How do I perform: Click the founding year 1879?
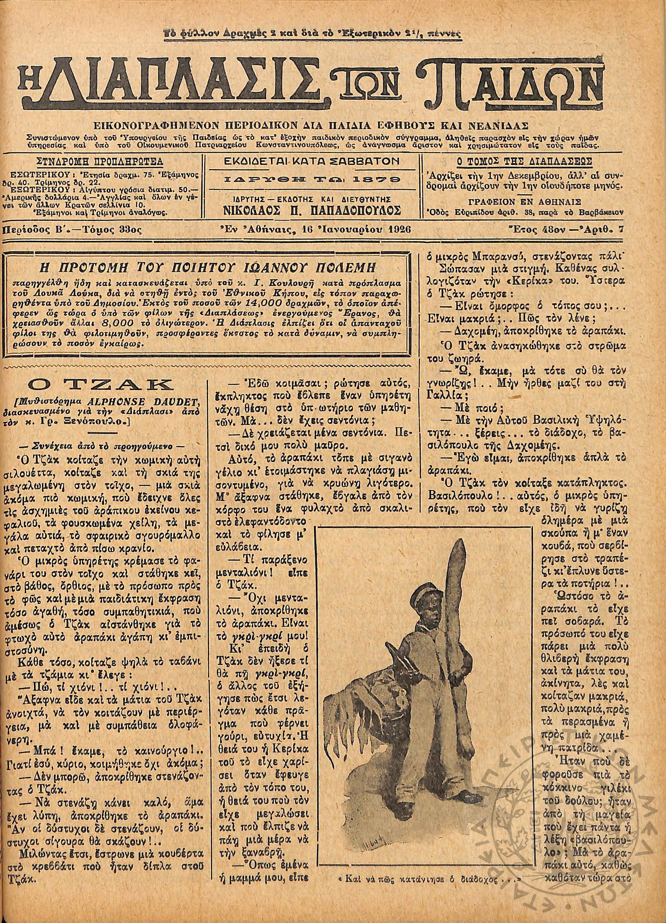click(x=380, y=179)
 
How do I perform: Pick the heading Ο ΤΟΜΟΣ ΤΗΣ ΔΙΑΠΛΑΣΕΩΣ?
click(x=524, y=161)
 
